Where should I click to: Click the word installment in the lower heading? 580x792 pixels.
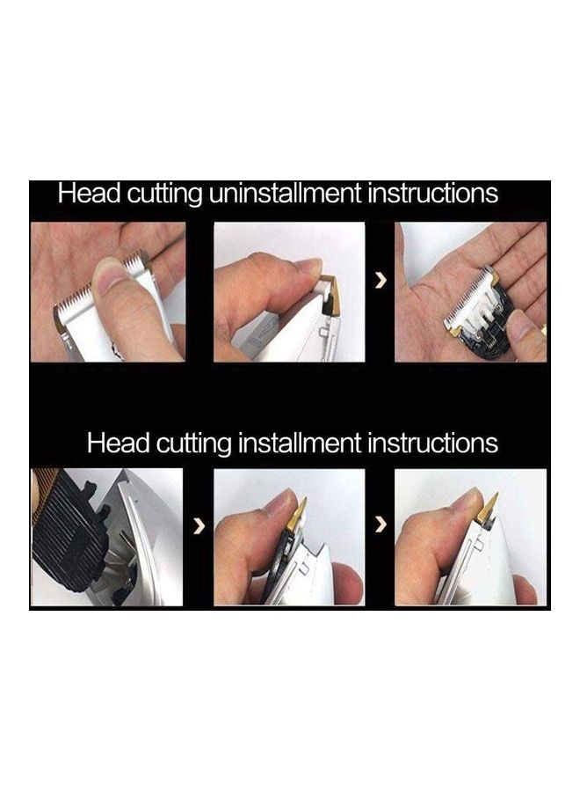point(300,443)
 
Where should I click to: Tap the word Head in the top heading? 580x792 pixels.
point(90,193)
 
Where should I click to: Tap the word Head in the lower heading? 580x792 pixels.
point(119,443)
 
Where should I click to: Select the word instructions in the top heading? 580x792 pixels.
point(432,193)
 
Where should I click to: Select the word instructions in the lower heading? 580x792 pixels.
point(432,443)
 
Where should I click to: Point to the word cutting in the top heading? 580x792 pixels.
point(164,194)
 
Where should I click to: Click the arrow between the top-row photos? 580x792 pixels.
point(381,282)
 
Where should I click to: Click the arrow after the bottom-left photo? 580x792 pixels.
point(200,526)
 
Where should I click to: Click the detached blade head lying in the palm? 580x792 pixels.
point(477,312)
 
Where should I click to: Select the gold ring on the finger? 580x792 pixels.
point(543,331)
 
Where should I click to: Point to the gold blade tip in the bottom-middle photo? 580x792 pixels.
point(299,514)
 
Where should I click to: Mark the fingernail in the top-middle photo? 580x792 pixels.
point(309,266)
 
